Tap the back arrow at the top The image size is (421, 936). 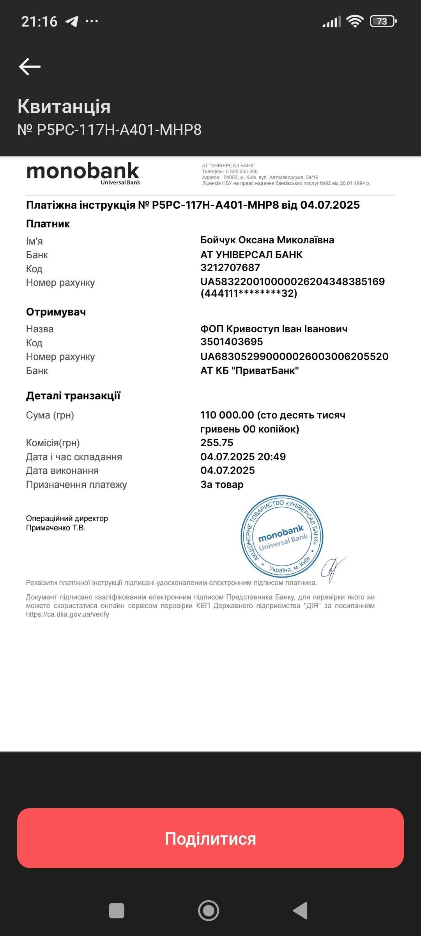[30, 66]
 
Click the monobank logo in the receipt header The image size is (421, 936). [83, 173]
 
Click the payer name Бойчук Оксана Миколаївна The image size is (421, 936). [267, 240]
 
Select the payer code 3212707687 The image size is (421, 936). [230, 268]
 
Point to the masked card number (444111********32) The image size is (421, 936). [249, 293]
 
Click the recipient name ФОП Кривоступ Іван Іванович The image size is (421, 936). [274, 329]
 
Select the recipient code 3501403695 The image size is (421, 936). [232, 342]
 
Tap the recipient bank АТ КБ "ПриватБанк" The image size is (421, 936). [249, 370]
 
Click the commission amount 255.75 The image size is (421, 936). [217, 443]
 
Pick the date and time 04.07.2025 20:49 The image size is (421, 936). [243, 457]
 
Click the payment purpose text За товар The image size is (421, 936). [222, 484]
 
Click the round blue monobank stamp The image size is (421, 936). [282, 537]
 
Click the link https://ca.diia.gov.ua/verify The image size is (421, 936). [67, 614]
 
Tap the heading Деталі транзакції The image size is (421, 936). [73, 396]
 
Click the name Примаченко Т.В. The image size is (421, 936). [56, 528]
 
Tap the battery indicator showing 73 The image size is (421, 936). [383, 21]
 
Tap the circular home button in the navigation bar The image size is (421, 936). [209, 911]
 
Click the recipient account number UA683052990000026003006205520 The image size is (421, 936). [294, 356]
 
